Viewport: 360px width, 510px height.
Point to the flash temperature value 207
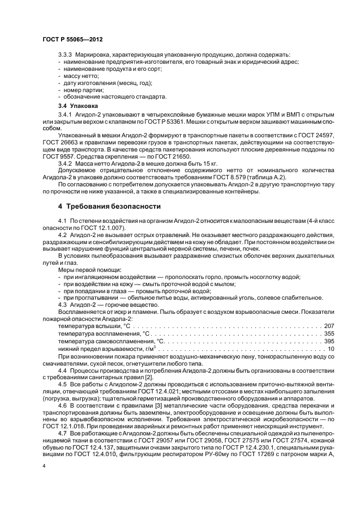329,325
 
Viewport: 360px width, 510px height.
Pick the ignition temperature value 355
329,333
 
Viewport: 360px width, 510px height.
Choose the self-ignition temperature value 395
329,341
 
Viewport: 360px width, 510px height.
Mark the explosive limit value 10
331,348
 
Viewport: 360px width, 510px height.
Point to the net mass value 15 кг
182,163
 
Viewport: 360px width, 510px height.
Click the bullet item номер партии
83,90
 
